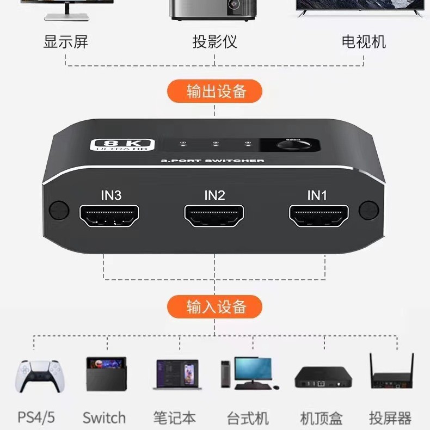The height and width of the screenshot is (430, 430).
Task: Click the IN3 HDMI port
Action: [x=109, y=216]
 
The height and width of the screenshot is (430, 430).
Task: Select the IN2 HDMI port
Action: [x=214, y=216]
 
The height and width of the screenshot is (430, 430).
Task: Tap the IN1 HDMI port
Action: [x=318, y=216]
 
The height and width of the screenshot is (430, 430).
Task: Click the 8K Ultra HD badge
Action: [x=122, y=145]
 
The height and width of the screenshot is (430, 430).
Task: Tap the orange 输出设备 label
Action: [x=214, y=91]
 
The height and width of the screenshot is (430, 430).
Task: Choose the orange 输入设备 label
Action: [x=214, y=306]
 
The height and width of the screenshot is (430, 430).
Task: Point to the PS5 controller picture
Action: [x=40, y=376]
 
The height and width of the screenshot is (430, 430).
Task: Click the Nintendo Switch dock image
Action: [x=106, y=374]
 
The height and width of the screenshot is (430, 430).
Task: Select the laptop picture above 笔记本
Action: [x=177, y=374]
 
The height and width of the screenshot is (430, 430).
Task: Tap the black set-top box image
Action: [x=323, y=377]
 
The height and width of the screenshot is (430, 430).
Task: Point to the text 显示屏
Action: [x=65, y=42]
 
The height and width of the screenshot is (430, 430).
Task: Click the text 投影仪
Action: [x=214, y=42]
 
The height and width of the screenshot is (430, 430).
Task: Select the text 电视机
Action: [x=364, y=42]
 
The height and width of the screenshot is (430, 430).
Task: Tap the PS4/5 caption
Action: [x=36, y=417]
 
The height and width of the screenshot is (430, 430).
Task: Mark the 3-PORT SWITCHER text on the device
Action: [x=212, y=161]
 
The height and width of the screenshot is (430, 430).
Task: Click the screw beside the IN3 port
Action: [x=59, y=210]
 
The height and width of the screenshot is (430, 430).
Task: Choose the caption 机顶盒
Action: [x=321, y=418]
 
